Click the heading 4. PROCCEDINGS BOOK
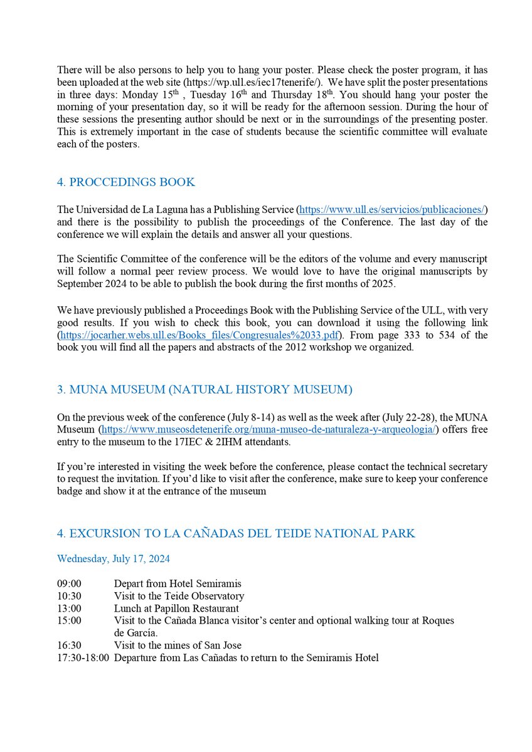click(125, 182)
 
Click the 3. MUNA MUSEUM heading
click(205, 390)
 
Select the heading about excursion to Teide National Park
click(236, 533)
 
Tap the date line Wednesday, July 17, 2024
click(113, 558)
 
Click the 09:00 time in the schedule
click(69, 583)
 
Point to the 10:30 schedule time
click(69, 596)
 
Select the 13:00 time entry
click(69, 608)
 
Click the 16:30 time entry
click(69, 645)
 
